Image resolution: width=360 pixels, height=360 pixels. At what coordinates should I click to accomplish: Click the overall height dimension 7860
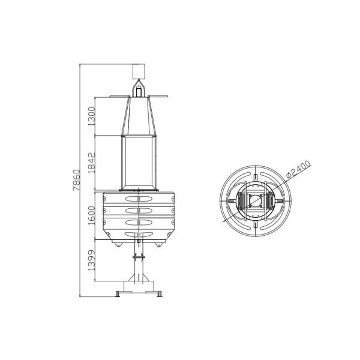click(77, 180)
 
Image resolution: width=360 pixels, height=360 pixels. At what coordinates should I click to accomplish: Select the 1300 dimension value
click(92, 116)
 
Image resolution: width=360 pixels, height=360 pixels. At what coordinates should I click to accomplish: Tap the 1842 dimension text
click(92, 163)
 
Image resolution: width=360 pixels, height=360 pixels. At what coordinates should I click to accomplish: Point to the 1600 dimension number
click(92, 216)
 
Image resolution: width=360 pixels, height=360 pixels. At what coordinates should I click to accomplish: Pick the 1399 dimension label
click(92, 260)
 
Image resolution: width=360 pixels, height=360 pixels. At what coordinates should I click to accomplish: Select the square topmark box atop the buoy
click(139, 71)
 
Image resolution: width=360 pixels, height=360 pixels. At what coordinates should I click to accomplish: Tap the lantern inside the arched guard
click(139, 91)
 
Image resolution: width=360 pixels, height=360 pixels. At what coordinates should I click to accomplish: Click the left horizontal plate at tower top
click(119, 97)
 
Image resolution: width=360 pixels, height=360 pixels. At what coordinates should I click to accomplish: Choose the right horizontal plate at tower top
click(158, 97)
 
